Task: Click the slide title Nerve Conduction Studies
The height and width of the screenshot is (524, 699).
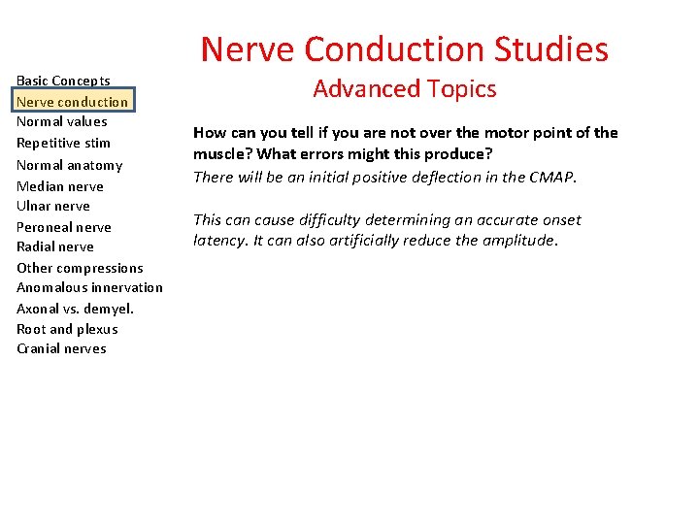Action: (404, 49)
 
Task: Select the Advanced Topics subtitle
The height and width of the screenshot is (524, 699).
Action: (404, 89)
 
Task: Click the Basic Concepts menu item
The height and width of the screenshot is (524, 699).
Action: (63, 81)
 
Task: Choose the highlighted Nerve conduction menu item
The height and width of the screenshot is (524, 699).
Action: (72, 101)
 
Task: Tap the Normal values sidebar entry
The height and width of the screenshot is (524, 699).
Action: (61, 121)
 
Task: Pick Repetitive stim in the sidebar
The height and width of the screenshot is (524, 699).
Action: (63, 143)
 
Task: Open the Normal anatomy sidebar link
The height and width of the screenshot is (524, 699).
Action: (69, 165)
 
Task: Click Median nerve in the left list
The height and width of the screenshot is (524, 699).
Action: (59, 186)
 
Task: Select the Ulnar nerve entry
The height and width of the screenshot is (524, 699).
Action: (53, 206)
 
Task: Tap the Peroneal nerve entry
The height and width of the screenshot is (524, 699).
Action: (63, 227)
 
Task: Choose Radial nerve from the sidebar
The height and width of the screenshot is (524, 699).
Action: (54, 246)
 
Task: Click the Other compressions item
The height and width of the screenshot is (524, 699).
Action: (80, 268)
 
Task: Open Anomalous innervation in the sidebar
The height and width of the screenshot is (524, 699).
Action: (89, 287)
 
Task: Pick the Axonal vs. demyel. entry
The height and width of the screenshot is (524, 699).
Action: (75, 309)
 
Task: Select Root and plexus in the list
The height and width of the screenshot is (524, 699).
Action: (67, 329)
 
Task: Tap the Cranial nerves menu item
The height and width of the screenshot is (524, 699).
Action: (61, 348)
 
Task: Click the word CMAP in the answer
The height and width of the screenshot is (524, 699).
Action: (553, 177)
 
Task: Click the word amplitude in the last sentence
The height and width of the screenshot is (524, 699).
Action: (518, 241)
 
